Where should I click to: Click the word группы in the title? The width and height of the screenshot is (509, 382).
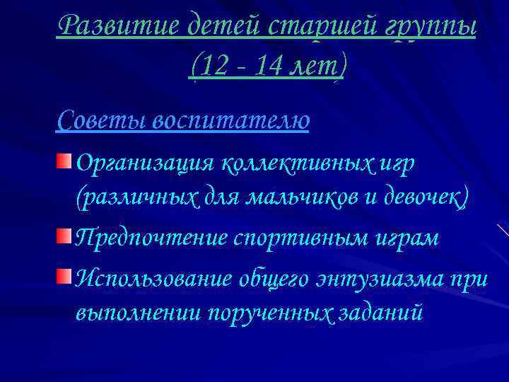tap(428, 28)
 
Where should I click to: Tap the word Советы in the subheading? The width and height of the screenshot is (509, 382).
tap(98, 119)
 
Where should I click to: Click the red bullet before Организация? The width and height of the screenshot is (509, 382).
tap(64, 162)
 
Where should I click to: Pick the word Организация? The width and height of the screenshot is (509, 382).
tap(145, 164)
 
